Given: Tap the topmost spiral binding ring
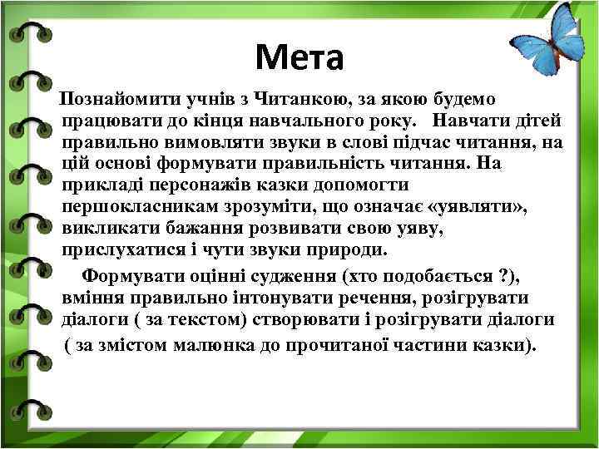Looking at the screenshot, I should click(x=28, y=34).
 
